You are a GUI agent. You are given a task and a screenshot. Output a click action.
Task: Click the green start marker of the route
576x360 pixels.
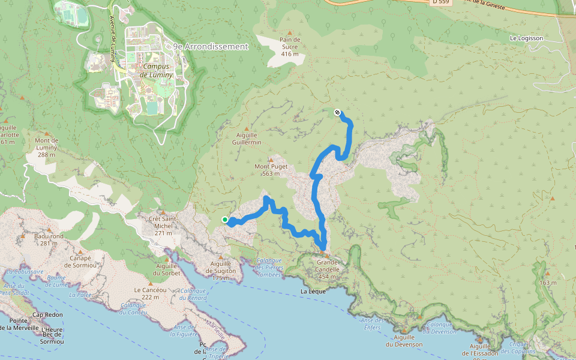point(225,220)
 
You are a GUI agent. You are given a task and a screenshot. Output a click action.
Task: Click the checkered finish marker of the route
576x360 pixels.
point(338,112)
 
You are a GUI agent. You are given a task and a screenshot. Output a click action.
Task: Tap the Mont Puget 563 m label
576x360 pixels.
point(271,170)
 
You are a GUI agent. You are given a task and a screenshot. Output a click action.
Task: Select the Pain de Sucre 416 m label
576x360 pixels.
point(289,47)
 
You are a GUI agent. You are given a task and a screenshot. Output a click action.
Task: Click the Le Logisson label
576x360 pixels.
point(526,38)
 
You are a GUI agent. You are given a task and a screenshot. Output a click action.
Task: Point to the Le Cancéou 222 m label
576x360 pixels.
point(146,293)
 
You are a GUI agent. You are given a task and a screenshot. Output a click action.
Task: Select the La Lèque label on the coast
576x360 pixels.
point(313,292)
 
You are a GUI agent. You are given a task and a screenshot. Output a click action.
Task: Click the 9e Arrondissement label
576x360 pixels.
point(210,46)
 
